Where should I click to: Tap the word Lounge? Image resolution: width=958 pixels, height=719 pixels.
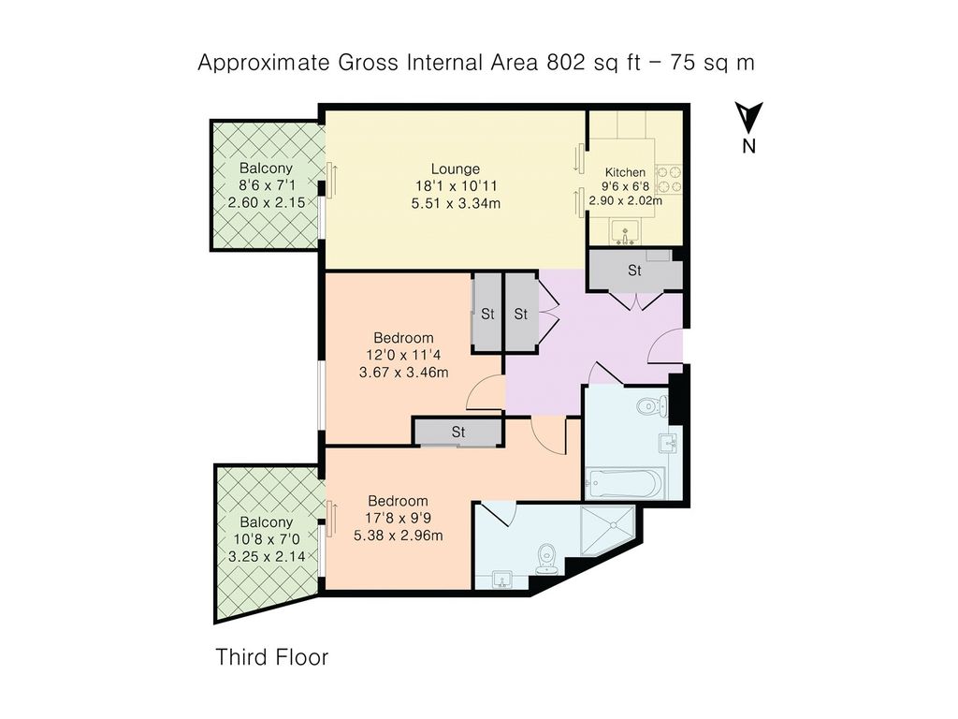(456, 169)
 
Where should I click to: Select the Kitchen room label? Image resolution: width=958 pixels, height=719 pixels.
(625, 172)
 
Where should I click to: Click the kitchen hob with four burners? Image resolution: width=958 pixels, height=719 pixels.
(668, 179)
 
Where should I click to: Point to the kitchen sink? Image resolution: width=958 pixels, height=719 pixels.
(625, 233)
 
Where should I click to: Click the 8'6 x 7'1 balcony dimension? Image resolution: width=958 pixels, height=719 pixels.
(267, 184)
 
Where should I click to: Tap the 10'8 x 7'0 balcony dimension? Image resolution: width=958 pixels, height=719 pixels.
(267, 539)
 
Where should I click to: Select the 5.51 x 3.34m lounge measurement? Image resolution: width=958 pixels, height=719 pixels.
(456, 203)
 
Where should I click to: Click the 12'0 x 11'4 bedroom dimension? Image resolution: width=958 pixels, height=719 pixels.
(403, 355)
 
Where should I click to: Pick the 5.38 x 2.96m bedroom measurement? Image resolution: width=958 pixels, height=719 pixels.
(399, 536)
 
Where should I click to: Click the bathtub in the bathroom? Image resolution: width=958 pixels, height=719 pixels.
(624, 484)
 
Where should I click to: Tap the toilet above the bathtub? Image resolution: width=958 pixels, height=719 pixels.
(652, 405)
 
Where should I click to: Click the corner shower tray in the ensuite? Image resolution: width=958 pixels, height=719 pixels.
(608, 531)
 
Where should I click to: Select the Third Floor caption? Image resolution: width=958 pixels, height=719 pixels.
(272, 657)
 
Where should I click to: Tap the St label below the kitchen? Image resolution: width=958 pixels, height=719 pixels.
(635, 271)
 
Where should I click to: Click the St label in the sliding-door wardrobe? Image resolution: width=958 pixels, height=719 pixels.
(458, 433)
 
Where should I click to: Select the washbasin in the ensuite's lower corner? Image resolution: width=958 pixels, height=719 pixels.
(502, 580)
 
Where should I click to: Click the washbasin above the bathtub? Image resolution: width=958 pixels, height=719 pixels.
(667, 443)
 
